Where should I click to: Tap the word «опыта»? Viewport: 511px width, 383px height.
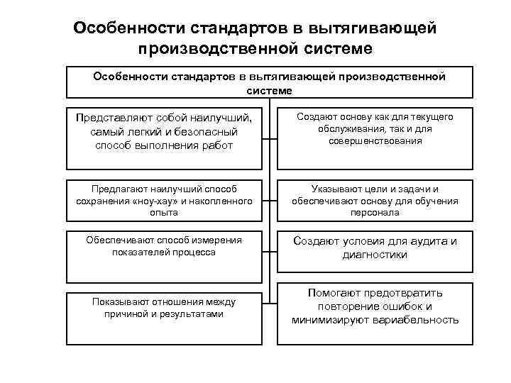pos(164,212)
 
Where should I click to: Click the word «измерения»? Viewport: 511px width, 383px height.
pos(211,240)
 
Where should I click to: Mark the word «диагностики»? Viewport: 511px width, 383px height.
pos(376,255)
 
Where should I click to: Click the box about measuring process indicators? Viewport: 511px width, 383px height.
pos(164,256)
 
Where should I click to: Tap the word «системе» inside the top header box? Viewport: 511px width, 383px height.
pos(269,91)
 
